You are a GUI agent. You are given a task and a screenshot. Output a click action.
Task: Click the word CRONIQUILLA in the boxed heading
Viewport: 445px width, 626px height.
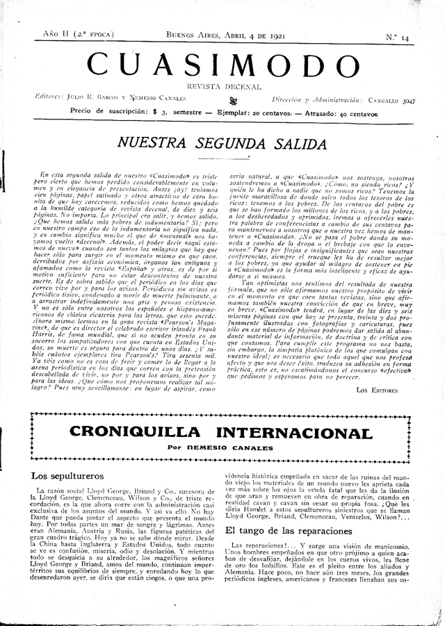click(133, 434)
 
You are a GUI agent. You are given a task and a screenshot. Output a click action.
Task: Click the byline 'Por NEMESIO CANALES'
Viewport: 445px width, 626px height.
click(222, 448)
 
